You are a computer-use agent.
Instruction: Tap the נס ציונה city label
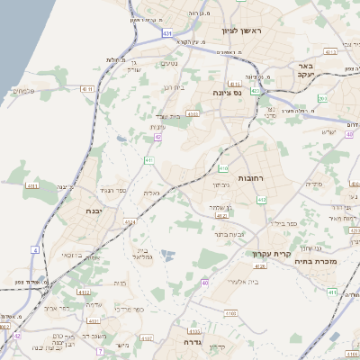(x=226, y=93)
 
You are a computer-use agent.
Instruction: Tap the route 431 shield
(x=167, y=33)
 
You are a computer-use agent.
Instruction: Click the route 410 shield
(x=222, y=168)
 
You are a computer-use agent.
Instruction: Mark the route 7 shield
(x=101, y=351)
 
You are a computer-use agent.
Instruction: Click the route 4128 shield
(x=259, y=266)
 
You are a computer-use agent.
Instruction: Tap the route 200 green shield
(x=333, y=292)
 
